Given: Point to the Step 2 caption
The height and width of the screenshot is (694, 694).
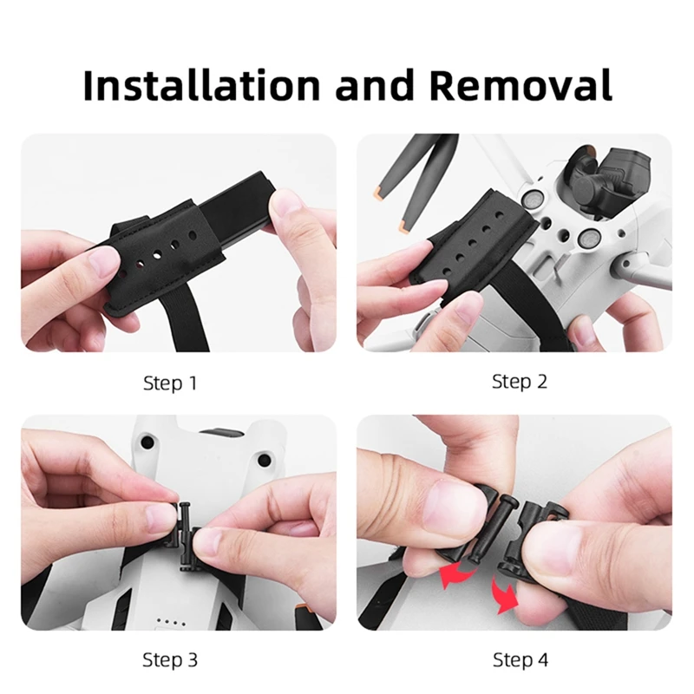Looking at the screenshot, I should coord(520,381).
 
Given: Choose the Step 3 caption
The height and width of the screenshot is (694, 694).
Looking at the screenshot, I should coord(170,660).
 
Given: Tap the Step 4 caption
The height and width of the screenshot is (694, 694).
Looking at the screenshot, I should coord(520,660).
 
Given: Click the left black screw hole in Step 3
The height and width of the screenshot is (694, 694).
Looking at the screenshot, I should coord(148,442).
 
